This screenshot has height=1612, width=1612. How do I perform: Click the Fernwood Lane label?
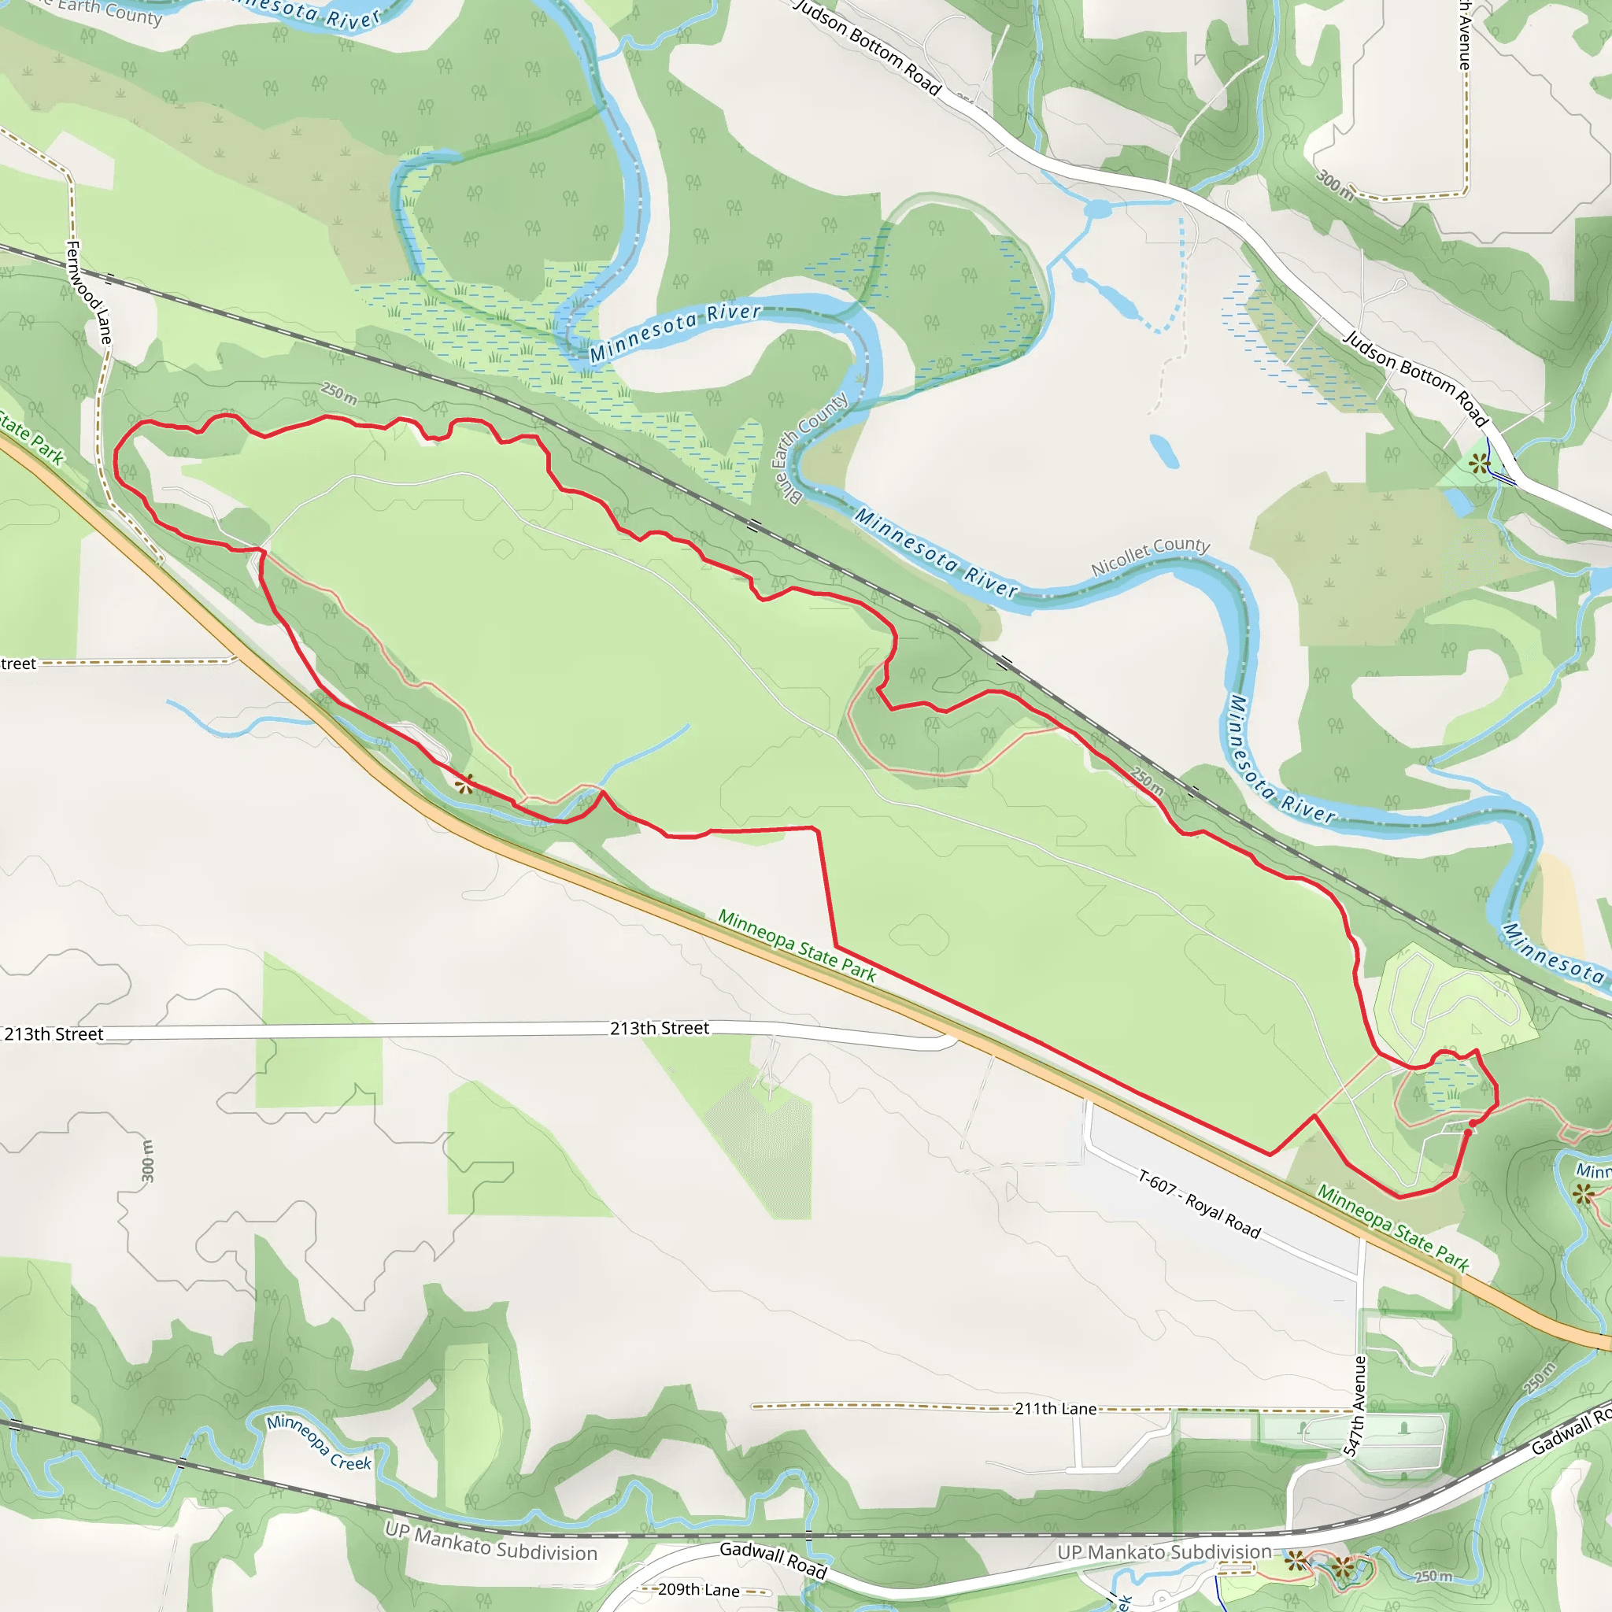tap(88, 292)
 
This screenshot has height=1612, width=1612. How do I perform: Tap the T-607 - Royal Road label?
tap(1199, 1204)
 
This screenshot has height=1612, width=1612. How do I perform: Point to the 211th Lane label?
tap(1056, 1409)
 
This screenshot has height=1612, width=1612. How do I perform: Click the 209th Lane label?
tap(698, 1589)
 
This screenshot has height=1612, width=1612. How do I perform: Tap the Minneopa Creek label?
tap(319, 1441)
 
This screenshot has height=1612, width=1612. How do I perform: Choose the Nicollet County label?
tap(1151, 556)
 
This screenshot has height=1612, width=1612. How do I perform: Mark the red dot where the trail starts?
tap(1472, 1124)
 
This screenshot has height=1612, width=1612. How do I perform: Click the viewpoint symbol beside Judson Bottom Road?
tap(1479, 463)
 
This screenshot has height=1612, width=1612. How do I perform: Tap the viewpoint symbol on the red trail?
tap(464, 783)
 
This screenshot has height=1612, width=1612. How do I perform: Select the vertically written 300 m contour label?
tap(148, 1162)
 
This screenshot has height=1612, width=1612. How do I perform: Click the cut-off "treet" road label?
tap(18, 664)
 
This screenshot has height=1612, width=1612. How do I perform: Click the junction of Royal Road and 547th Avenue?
tap(1361, 1276)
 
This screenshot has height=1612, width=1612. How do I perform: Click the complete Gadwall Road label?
tap(773, 1559)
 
